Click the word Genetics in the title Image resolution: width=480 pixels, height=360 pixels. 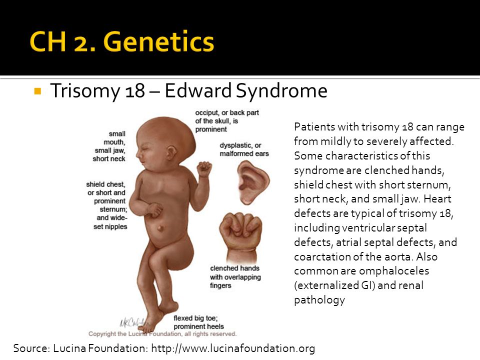(x=159, y=41)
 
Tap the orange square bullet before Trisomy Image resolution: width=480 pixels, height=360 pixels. (x=38, y=91)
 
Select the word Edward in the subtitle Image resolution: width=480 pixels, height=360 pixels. (x=198, y=90)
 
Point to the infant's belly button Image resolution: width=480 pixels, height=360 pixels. (x=160, y=228)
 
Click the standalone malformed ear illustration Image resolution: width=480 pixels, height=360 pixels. (x=253, y=183)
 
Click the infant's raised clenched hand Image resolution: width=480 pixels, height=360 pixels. (x=204, y=169)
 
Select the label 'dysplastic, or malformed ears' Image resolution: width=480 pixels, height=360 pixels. (x=244, y=149)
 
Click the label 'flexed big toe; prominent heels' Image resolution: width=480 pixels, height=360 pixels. (x=198, y=322)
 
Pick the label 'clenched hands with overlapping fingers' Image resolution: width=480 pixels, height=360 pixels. (x=235, y=276)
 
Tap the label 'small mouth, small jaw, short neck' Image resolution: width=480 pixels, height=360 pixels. (x=109, y=146)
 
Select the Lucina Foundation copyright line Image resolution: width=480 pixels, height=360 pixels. (x=162, y=333)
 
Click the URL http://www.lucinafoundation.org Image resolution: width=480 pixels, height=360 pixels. (x=233, y=348)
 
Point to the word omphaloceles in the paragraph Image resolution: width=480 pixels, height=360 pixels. (x=393, y=271)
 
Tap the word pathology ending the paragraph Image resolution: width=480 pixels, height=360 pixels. (x=319, y=300)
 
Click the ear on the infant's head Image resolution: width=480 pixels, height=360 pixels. (x=171, y=152)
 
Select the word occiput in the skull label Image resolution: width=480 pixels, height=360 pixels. (x=206, y=113)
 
